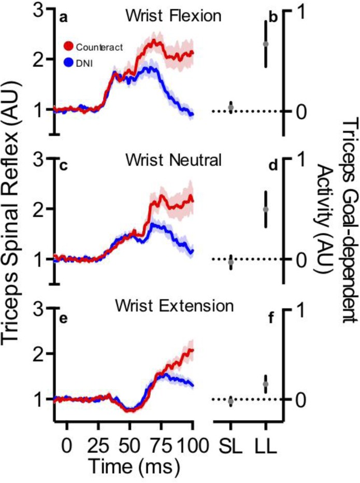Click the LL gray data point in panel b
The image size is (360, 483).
266,44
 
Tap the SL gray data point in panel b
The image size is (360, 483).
231,107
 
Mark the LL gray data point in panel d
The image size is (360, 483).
266,209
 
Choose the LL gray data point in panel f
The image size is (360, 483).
266,385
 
